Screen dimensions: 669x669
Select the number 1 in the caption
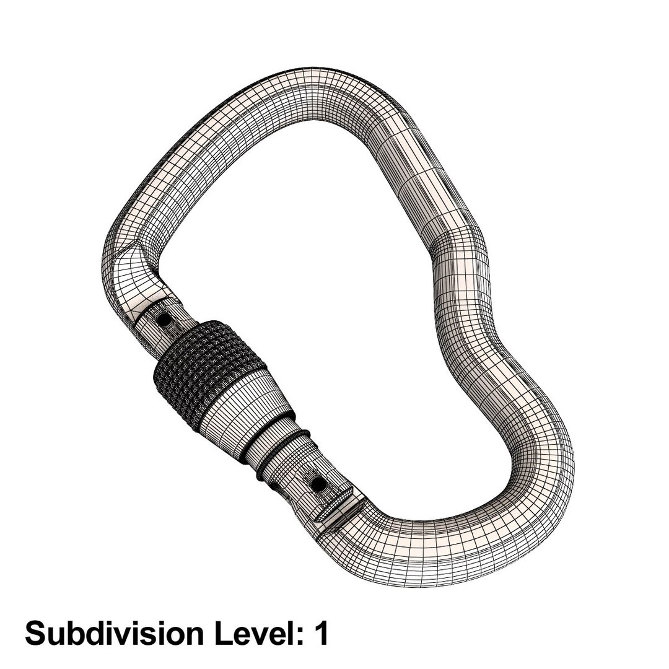[x=320, y=634]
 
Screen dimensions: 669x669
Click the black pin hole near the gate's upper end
[x=165, y=320]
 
